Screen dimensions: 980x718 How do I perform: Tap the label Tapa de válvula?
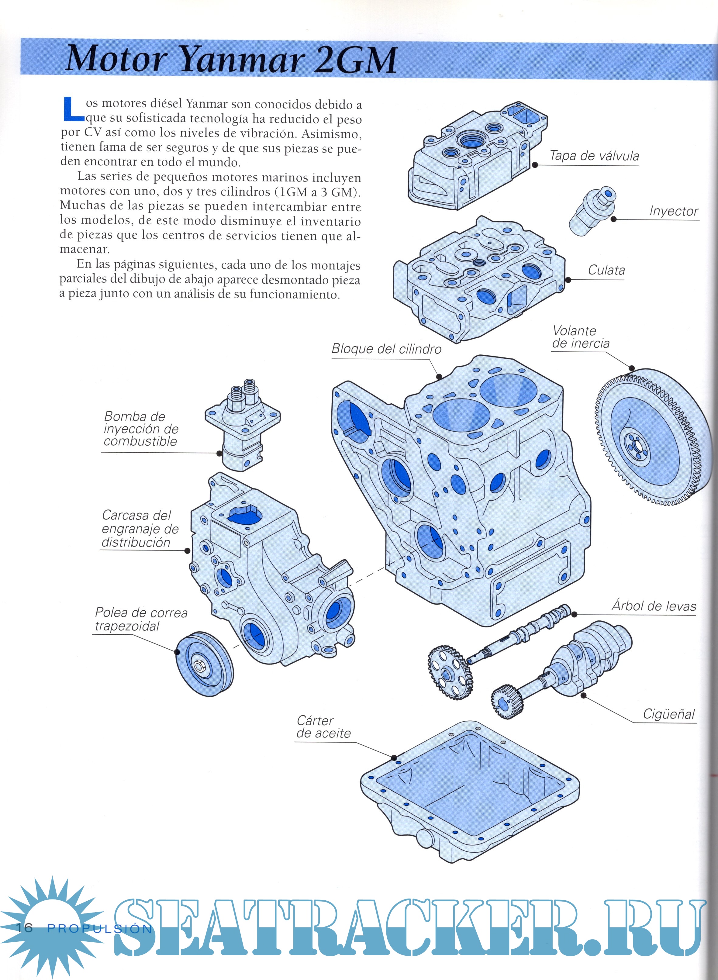pos(594,156)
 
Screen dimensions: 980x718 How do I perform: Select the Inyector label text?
pos(674,211)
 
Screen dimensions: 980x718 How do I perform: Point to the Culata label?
pos(606,270)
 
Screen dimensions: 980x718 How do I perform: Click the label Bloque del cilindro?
pos(386,349)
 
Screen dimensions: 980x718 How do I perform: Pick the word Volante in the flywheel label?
pos(574,331)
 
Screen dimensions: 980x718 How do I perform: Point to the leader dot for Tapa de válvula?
pos(535,165)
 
